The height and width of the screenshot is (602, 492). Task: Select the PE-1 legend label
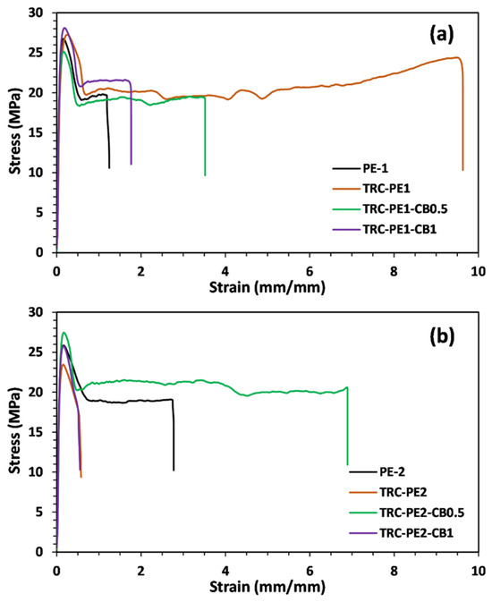[375, 168]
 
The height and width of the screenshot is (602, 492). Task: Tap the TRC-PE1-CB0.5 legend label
[405, 208]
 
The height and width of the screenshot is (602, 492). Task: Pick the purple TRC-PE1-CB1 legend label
[400, 229]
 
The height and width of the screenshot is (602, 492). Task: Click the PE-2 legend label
[392, 471]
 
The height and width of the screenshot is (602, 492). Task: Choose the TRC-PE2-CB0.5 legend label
[422, 513]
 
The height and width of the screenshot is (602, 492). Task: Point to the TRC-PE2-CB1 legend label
[416, 532]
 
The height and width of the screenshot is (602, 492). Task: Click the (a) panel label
[441, 35]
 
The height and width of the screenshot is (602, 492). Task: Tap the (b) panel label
[442, 335]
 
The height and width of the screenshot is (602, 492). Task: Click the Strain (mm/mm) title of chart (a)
[267, 287]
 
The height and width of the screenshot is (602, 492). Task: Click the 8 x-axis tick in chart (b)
[394, 571]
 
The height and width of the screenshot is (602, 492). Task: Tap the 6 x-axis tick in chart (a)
[310, 271]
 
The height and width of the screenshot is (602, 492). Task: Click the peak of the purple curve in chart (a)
[65, 28]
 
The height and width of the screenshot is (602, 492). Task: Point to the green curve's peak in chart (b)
[64, 333]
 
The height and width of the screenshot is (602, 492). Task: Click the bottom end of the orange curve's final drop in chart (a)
[462, 170]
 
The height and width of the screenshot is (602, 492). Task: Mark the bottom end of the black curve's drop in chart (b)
[174, 471]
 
